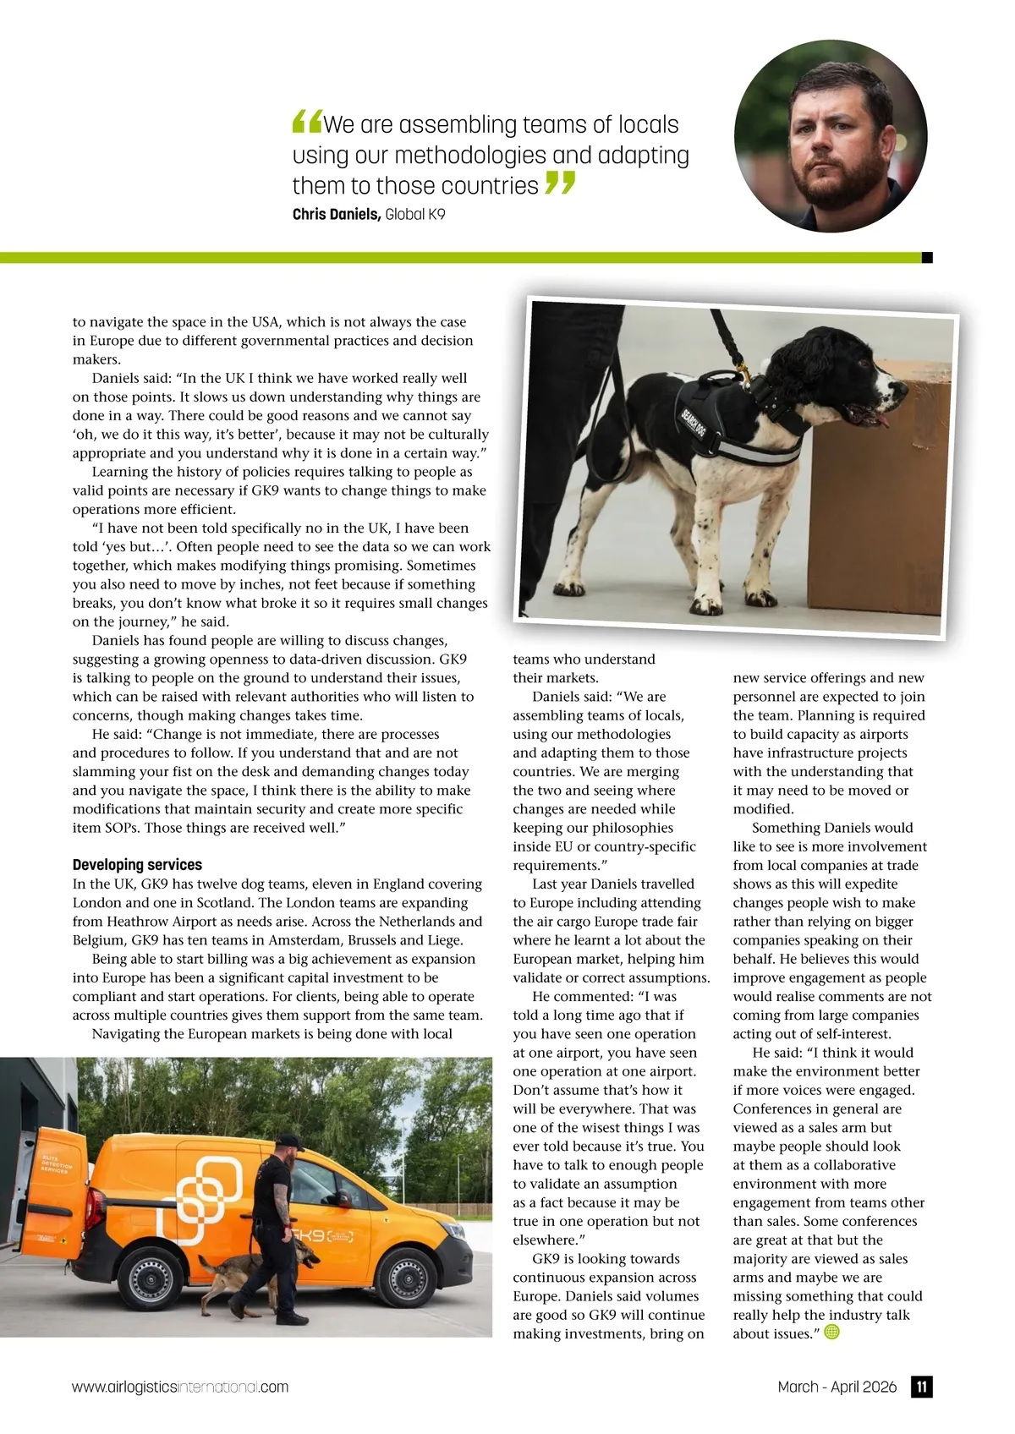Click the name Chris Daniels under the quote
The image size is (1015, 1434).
point(336,214)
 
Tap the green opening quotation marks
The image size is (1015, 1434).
point(306,123)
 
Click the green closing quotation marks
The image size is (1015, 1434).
point(560,183)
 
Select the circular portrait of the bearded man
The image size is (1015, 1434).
point(831,136)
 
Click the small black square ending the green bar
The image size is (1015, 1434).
point(927,257)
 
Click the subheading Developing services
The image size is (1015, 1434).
point(137,864)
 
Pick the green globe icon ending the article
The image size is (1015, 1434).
point(831,1333)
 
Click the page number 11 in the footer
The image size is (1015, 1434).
point(921,1387)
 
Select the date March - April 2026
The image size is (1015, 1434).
point(837,1387)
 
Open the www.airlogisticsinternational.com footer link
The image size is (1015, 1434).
point(180,1387)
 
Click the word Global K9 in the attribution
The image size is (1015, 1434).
point(414,214)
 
